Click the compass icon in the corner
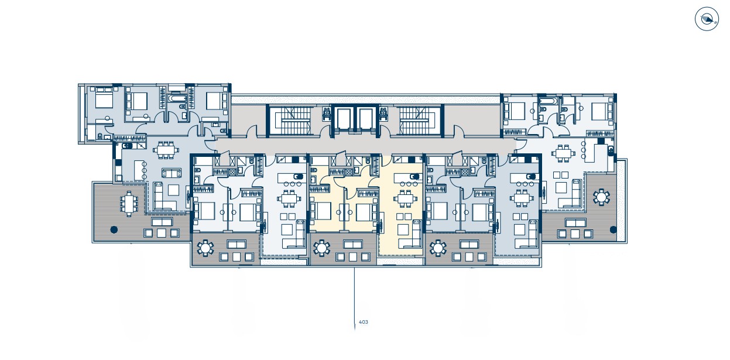coord(707,19)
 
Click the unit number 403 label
coord(364,322)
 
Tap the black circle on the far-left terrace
coord(114,229)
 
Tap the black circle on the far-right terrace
coord(613,229)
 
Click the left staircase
coord(290,121)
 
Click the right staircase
coord(420,121)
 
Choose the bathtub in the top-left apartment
coord(177,99)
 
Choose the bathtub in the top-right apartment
coord(547,101)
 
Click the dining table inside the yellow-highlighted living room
coord(405,198)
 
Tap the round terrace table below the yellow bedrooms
coord(321,248)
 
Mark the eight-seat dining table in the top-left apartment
coord(166,150)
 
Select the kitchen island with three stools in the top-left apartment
coord(139,170)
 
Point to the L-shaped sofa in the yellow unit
coord(412,235)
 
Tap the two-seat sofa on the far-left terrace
coord(162,222)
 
